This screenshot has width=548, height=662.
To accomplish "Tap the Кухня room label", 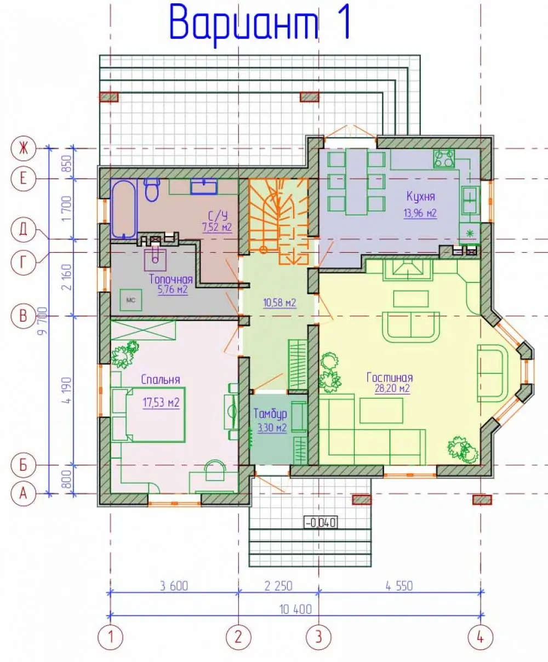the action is coord(421,197).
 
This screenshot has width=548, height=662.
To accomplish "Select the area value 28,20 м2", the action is coord(392,388).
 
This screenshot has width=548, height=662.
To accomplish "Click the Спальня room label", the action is coord(161,380).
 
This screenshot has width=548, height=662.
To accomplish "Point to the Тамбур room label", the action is coord(270,414).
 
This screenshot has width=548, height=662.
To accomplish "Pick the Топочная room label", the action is coord(171,279).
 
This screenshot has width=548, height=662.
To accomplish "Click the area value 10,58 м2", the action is coord(279,303).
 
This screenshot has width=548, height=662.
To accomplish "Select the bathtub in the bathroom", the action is coord(124,209).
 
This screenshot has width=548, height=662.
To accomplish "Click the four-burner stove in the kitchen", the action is coord(444,158).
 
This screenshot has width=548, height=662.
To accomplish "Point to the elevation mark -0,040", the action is coord(321,522).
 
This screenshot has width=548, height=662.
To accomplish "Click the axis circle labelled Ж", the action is coord(23,148).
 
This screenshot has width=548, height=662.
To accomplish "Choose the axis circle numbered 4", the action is coord(481,637).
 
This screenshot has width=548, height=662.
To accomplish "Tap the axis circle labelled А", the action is coord(23,493).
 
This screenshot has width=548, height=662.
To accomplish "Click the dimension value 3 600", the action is coord(174,586).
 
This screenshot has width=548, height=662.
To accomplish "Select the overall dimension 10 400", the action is coord(295,609).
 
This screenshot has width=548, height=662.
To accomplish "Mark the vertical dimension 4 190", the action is coord(67,390).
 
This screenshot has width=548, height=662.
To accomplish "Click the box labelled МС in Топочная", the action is coord(131,300).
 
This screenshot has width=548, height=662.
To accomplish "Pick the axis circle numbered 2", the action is coord(238,637).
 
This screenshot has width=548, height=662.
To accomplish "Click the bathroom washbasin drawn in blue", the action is coord(204,187).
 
